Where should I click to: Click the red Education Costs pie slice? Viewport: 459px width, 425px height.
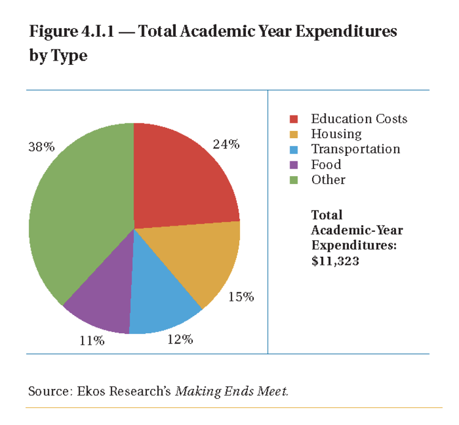(184, 177)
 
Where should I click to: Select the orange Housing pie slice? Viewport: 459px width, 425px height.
(202, 257)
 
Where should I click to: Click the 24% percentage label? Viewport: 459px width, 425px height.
(226, 145)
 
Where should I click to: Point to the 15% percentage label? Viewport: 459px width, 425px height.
(241, 297)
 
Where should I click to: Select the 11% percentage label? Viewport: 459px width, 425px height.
(92, 341)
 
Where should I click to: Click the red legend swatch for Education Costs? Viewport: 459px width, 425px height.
(294, 119)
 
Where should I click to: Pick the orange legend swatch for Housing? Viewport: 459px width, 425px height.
(294, 134)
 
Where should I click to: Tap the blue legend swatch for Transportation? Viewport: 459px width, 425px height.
(294, 149)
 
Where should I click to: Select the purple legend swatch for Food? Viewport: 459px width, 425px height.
(294, 164)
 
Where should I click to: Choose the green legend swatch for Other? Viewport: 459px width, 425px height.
(294, 180)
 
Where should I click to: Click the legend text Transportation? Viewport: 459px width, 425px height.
(355, 149)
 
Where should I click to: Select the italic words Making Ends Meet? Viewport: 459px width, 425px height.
(231, 391)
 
